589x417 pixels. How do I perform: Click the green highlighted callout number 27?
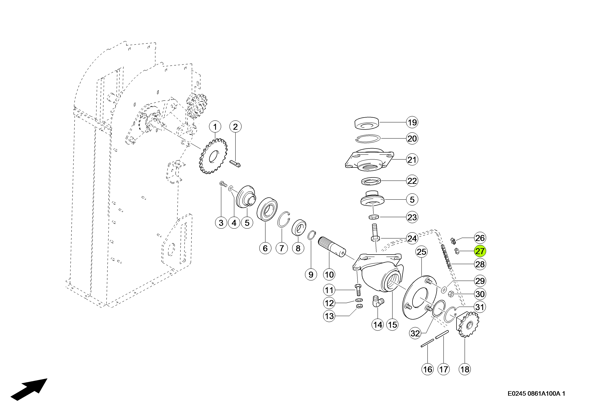click(x=480, y=251)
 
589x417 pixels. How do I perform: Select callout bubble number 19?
click(x=412, y=122)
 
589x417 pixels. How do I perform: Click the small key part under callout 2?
click(x=235, y=164)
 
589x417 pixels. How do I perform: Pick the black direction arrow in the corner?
click(x=29, y=389)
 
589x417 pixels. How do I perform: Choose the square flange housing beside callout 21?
click(x=369, y=160)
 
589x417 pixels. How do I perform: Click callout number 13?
click(x=329, y=316)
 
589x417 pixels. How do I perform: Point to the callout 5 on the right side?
click(x=412, y=200)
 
